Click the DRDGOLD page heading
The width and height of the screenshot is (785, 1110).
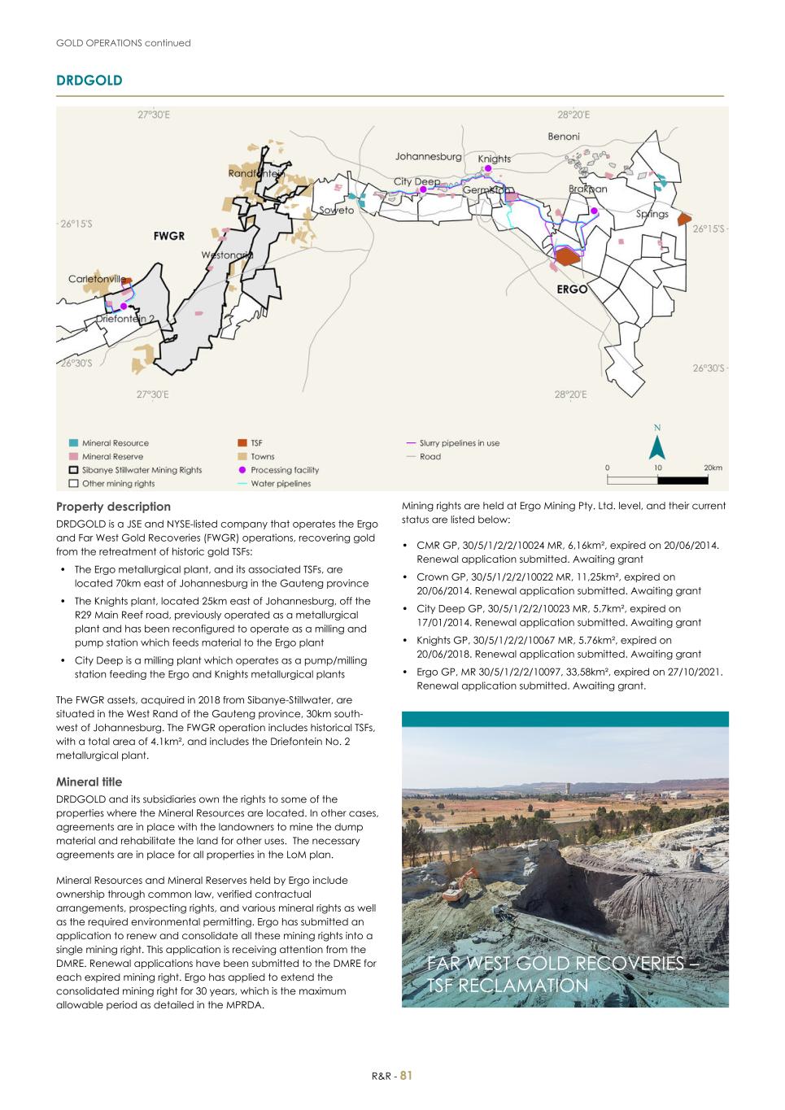point(89,81)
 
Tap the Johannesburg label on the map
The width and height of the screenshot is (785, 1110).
point(428,156)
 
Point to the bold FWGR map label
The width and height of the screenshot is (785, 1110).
point(169,236)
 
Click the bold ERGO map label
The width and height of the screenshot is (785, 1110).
point(572,289)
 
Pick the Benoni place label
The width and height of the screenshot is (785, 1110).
point(564,137)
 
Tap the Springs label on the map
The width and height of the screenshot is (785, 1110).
point(652,214)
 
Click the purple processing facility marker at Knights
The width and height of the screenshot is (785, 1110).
point(488,169)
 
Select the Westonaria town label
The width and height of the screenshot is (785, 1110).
point(227,255)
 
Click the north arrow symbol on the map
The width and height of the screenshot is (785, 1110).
point(657,445)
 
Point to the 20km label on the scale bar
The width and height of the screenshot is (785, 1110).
point(713,468)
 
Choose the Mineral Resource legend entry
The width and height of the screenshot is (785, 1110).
point(115,443)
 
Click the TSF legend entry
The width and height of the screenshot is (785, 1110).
point(256,443)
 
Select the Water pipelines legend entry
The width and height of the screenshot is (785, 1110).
point(280,483)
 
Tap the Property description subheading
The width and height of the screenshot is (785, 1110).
point(113,507)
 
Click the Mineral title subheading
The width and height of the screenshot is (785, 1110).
point(89,781)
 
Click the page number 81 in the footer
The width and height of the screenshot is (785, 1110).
point(407,1075)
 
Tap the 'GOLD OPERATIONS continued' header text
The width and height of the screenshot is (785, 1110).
point(123,43)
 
